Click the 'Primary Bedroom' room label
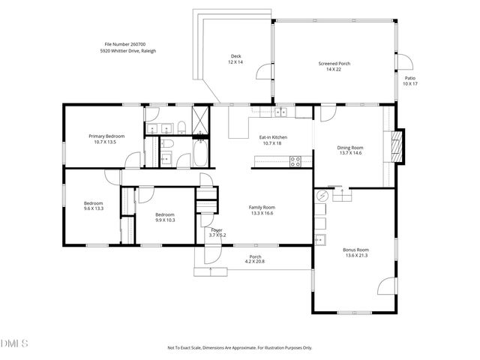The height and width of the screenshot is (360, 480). (106, 136)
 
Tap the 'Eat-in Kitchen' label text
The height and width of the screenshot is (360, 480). (274, 137)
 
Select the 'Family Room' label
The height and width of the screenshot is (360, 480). (262, 207)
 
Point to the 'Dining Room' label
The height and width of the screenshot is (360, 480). (349, 147)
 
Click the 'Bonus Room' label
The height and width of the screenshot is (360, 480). (355, 250)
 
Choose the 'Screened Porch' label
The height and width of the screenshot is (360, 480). (334, 64)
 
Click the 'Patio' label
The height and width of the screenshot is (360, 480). (409, 78)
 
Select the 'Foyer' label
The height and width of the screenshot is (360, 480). (216, 229)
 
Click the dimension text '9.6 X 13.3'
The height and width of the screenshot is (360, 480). (93, 208)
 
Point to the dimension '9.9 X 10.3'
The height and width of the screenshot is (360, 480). (165, 220)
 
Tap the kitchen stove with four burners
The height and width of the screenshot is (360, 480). (295, 159)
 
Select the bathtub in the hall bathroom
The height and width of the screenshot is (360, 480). (201, 155)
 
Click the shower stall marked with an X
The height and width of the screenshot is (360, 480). (201, 118)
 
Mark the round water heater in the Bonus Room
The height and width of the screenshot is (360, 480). (322, 196)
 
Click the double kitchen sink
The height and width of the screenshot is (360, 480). (280, 112)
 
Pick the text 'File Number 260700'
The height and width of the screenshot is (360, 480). (124, 45)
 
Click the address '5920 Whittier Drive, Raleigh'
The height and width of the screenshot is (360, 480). (128, 51)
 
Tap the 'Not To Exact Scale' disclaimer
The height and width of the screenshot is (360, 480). (239, 347)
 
